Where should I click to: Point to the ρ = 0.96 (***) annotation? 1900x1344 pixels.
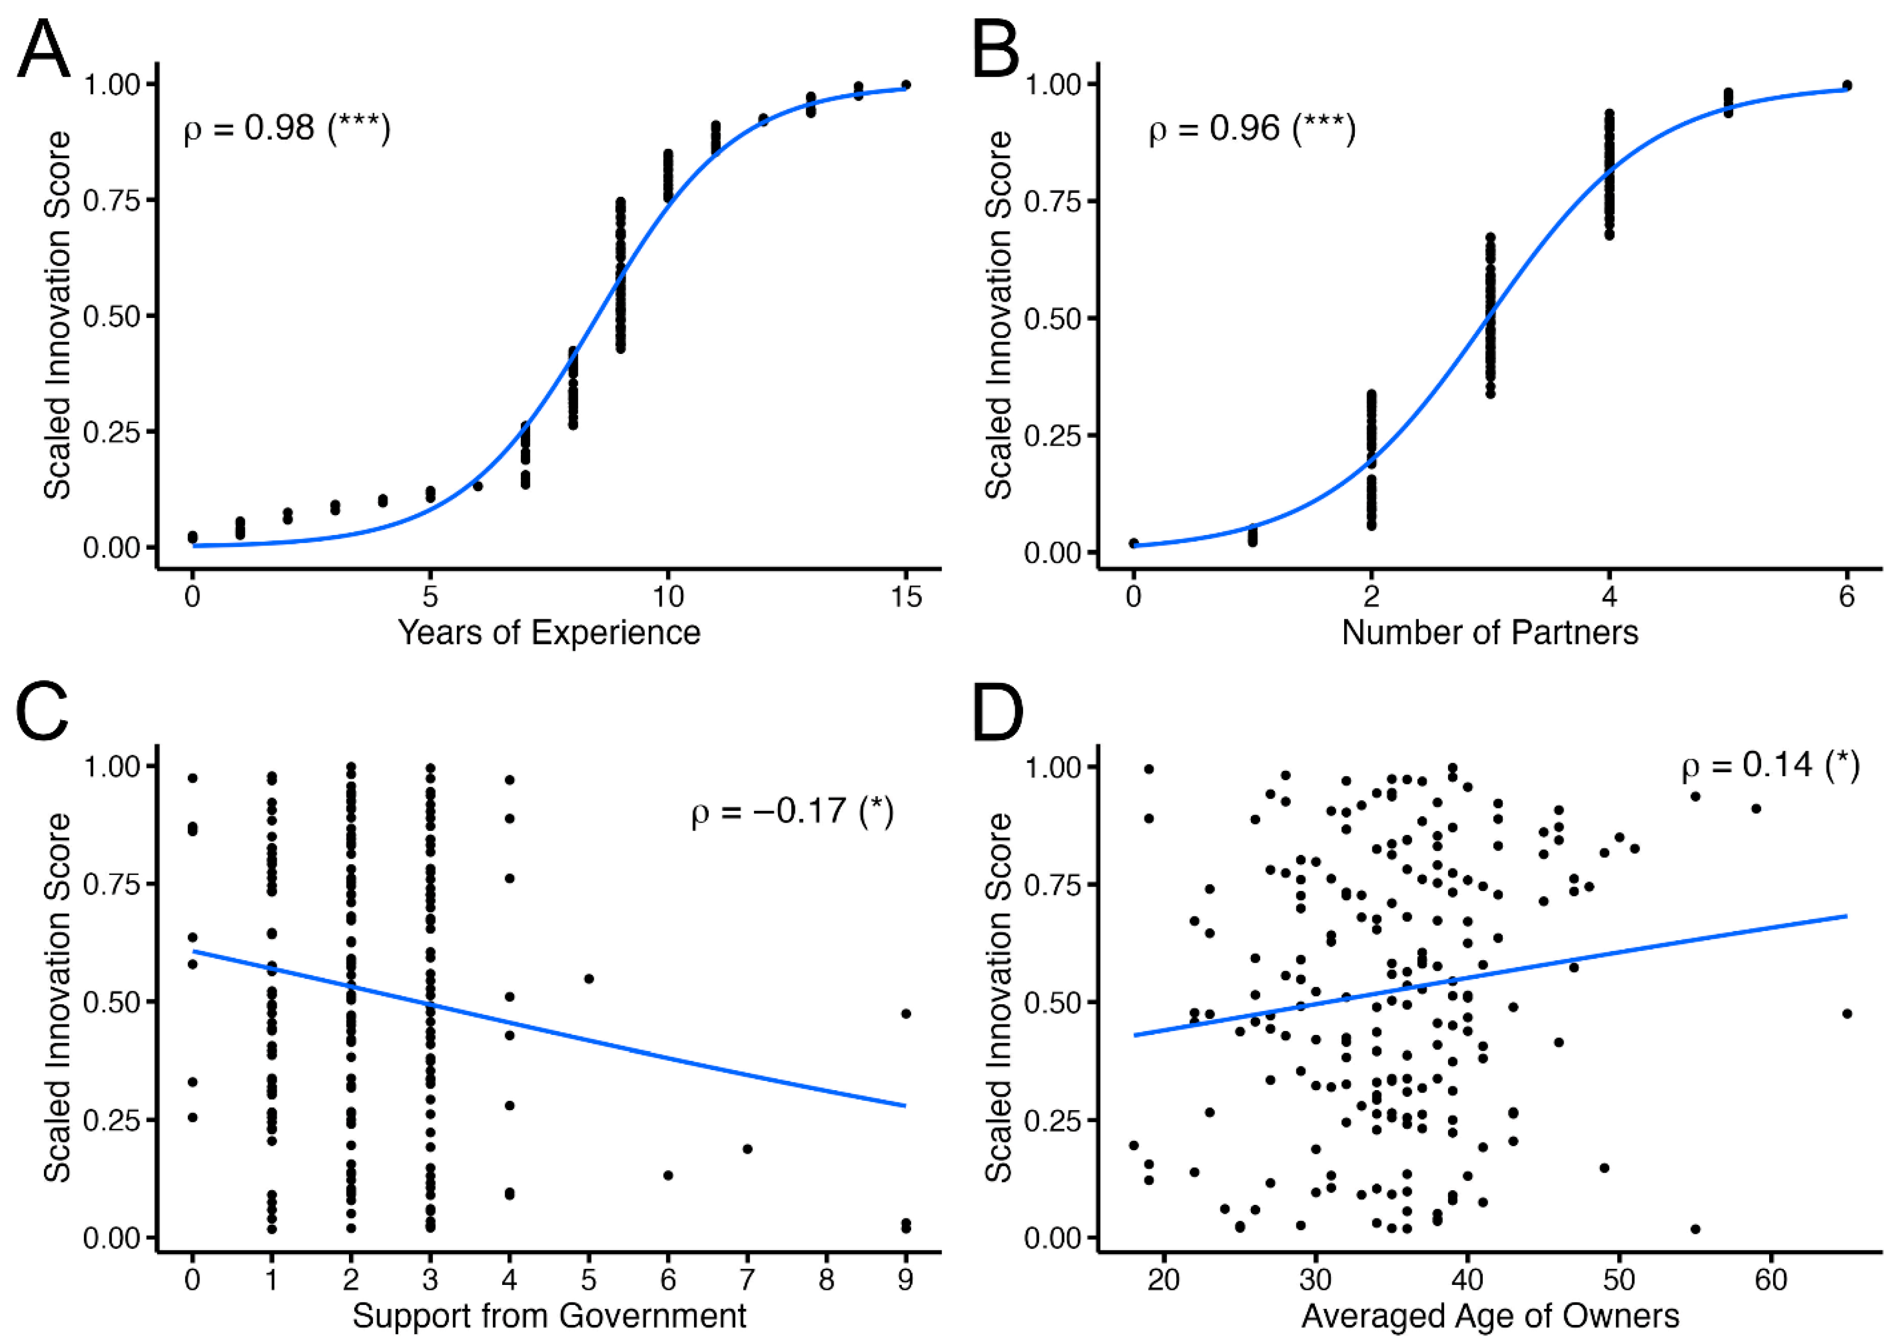click(1252, 128)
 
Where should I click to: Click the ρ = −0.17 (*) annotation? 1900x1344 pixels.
click(793, 812)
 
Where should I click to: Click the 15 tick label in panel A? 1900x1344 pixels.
click(906, 596)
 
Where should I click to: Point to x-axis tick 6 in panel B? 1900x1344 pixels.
click(1847, 596)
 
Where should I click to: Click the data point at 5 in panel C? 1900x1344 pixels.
click(589, 978)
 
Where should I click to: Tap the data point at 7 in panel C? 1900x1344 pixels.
click(747, 1149)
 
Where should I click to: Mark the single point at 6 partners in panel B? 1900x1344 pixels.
click(1847, 85)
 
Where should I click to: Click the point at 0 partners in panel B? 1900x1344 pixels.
click(1134, 543)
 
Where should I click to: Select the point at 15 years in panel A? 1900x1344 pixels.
click(906, 84)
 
